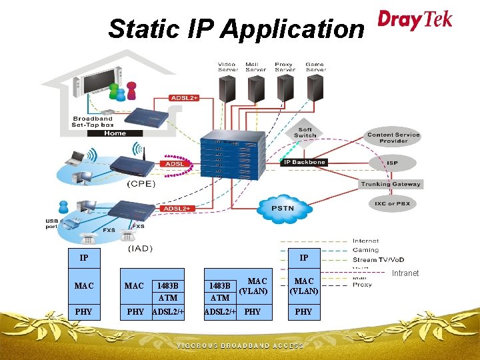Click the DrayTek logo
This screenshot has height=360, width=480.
tap(415, 19)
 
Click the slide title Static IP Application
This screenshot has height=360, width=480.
tap(236, 29)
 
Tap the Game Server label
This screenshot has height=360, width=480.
tap(315, 67)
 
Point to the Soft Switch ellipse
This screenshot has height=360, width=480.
tap(305, 133)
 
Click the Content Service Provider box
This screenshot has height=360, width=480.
tap(393, 138)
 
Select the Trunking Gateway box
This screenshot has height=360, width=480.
tap(391, 184)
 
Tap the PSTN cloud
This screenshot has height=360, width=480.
tap(283, 207)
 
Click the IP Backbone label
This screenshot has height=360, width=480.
tap(304, 162)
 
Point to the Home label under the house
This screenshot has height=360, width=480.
tap(115, 133)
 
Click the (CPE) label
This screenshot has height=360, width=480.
tap(141, 183)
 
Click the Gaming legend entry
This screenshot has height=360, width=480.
tap(365, 250)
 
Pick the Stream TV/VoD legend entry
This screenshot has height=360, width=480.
tap(378, 259)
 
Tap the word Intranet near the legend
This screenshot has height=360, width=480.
tap(405, 273)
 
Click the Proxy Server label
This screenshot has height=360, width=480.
tap(285, 67)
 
